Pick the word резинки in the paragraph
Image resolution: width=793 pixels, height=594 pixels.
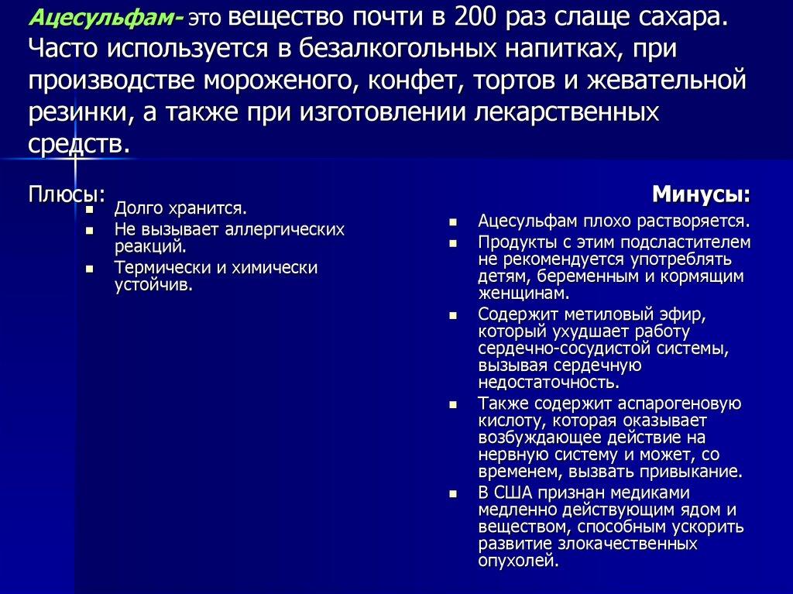click(74, 112)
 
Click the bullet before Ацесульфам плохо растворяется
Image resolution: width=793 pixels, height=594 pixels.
click(455, 223)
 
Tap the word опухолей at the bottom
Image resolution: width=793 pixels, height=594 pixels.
click(517, 561)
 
